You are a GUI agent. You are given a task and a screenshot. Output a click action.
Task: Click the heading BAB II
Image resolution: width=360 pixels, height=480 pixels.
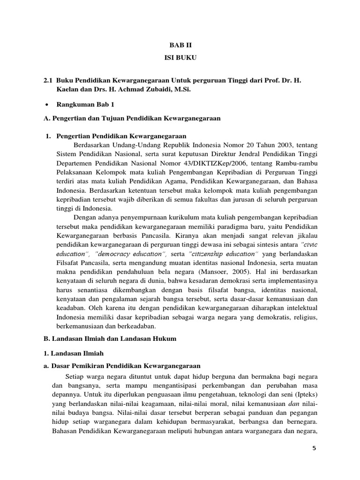[x=180, y=45]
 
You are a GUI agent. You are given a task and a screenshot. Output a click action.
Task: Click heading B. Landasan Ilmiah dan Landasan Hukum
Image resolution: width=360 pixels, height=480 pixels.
[x=110, y=339]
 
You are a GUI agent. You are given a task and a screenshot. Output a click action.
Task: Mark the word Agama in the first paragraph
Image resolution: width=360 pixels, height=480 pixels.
[x=183, y=181]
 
